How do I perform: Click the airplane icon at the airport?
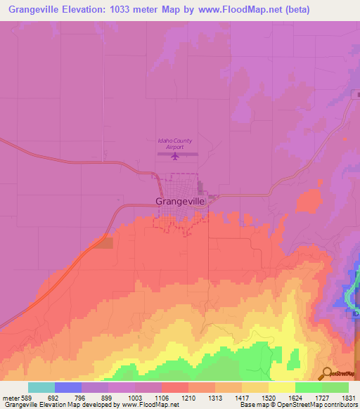click(176, 156)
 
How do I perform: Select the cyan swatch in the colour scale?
click(41, 387)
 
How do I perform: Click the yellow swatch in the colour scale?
click(281, 387)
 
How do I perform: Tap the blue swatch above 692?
click(68, 387)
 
